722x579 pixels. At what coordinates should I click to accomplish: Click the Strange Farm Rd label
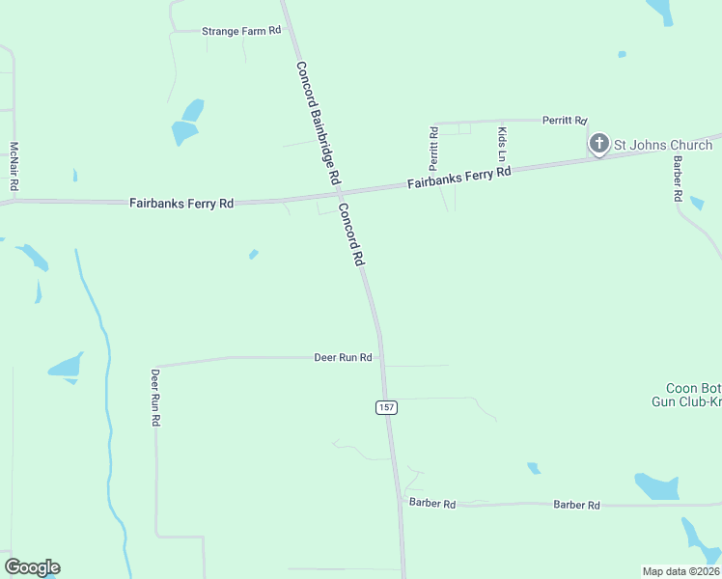point(240,31)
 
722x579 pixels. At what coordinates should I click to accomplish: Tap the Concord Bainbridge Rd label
point(318,124)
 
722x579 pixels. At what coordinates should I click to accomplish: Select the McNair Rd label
point(14,166)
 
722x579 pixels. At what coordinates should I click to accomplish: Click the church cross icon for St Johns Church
point(598,145)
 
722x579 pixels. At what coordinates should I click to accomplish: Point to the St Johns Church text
point(663,146)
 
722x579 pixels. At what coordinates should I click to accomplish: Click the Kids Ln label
point(502,144)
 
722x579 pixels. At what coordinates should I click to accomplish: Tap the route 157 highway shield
point(386,407)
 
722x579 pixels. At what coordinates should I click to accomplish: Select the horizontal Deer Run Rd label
point(343,357)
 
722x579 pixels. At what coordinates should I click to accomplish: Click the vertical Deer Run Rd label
point(154,397)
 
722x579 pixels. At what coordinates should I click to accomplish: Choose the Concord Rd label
point(350,234)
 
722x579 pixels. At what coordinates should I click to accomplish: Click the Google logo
point(32,567)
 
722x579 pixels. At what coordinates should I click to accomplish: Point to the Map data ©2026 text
point(680,571)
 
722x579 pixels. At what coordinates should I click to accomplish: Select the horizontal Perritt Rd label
point(564,121)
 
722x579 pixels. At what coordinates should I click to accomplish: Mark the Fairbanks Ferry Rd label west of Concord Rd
point(181,204)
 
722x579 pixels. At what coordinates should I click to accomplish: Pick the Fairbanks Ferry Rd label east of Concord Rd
point(458,178)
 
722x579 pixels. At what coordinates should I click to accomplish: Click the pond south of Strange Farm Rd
point(186,123)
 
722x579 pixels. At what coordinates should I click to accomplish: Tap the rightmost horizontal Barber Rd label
point(576,505)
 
